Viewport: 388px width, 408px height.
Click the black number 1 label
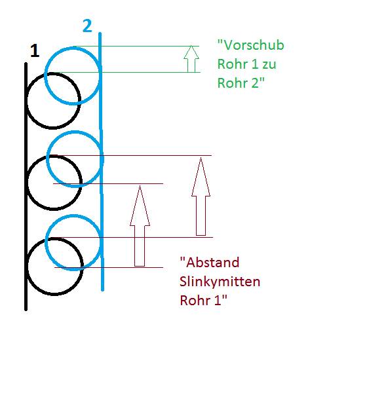point(35,50)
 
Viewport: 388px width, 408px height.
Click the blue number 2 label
point(87,26)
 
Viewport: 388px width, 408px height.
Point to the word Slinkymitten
point(220,282)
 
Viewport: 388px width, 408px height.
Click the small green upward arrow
point(191,59)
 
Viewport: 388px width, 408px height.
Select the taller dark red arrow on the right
point(201,196)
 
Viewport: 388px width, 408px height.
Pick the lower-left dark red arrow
point(140,226)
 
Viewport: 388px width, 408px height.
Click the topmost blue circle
point(45,75)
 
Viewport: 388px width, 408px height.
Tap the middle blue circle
point(47,159)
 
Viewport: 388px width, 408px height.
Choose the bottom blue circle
point(46,242)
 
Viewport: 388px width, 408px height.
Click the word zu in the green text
point(269,65)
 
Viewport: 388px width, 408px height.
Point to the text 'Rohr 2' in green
point(241,83)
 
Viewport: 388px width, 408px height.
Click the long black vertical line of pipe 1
point(26,186)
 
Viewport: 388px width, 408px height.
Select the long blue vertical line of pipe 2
point(101,161)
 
